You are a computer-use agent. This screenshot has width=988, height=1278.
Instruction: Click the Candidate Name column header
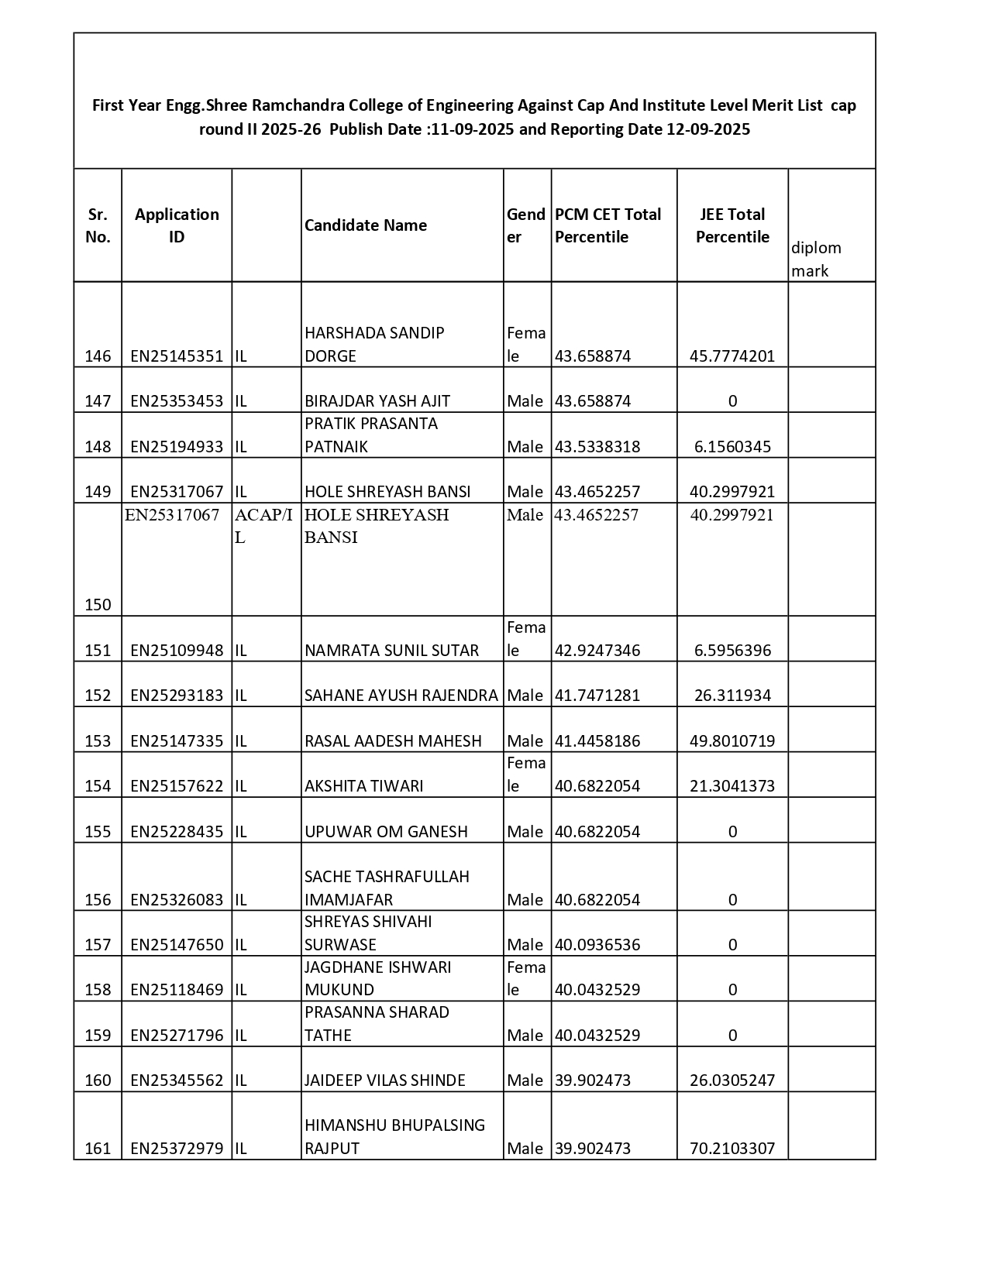coord(365,225)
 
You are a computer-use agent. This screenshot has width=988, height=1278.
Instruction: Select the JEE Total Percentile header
coord(732,225)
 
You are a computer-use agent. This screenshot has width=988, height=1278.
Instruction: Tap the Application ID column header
coord(177,225)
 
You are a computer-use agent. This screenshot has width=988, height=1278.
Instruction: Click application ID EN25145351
coord(177,356)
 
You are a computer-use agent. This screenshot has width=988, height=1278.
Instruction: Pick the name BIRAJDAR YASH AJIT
coord(377,401)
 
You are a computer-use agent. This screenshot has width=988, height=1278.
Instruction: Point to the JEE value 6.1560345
coord(732,447)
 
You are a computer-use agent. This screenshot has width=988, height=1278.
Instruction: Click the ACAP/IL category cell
coord(263,526)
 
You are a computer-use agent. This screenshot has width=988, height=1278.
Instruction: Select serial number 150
coord(98,605)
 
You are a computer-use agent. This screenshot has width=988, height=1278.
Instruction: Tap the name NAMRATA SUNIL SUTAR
coord(391,651)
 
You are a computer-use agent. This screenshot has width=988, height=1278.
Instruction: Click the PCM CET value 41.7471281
coord(597,696)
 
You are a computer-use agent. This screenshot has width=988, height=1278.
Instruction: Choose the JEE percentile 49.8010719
coord(732,741)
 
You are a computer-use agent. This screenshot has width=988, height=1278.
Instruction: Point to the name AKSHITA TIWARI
coord(363,786)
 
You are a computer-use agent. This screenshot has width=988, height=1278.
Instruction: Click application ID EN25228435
coord(177,832)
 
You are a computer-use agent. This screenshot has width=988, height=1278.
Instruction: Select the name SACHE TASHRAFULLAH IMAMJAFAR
coord(387,888)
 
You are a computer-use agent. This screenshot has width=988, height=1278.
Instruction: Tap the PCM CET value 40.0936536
coord(597,945)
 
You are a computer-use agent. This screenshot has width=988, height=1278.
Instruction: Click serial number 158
coord(98,990)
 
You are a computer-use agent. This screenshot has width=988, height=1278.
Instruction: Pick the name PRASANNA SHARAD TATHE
coord(377,1024)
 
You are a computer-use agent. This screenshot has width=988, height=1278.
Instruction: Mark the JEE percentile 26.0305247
coord(732,1080)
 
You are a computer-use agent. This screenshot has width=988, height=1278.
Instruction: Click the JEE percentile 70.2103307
coord(732,1149)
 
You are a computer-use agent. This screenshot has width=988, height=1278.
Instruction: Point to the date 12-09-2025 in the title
coord(707,129)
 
